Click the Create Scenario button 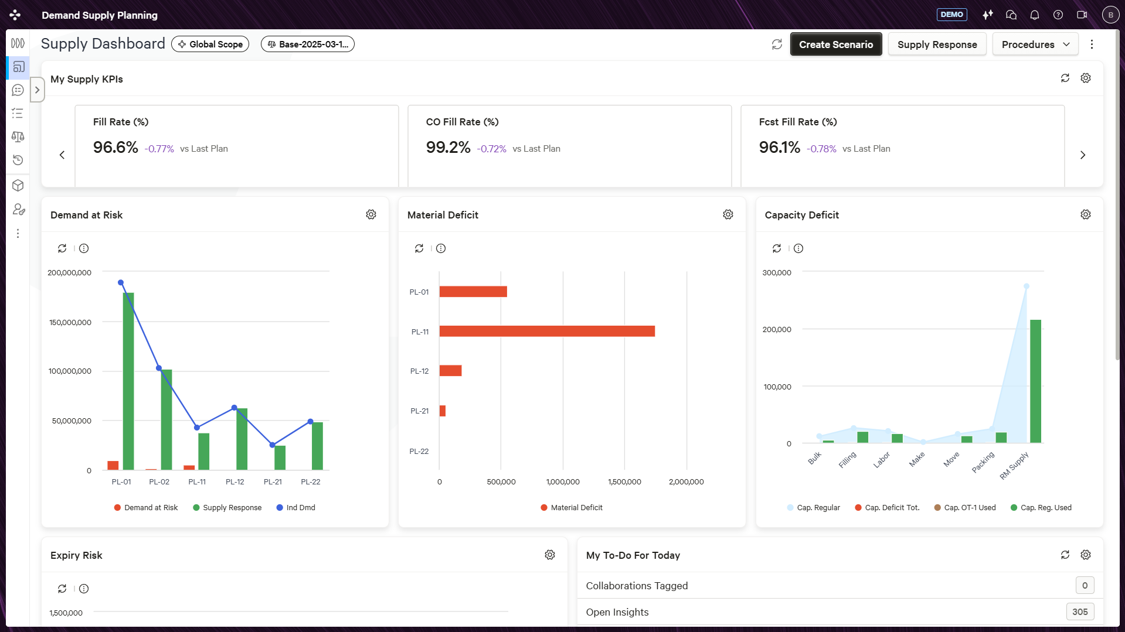[x=836, y=45]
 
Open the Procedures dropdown [x=1035, y=45]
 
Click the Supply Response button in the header [x=937, y=45]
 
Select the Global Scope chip [x=210, y=45]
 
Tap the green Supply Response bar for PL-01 [x=128, y=381]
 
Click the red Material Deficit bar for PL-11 [x=547, y=332]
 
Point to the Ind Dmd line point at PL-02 [x=159, y=368]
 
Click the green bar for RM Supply [x=1036, y=381]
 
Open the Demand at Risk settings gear [x=371, y=215]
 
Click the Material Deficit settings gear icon [x=728, y=215]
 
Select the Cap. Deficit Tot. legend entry [x=887, y=508]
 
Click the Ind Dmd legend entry [x=295, y=508]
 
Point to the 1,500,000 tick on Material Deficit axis [x=624, y=482]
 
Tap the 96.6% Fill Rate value [x=115, y=148]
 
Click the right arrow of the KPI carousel [x=1083, y=155]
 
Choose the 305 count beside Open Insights [x=1080, y=612]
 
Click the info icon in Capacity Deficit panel [x=798, y=249]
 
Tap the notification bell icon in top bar [x=1035, y=15]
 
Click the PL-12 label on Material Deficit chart [x=419, y=371]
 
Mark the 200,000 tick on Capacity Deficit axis [x=777, y=330]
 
